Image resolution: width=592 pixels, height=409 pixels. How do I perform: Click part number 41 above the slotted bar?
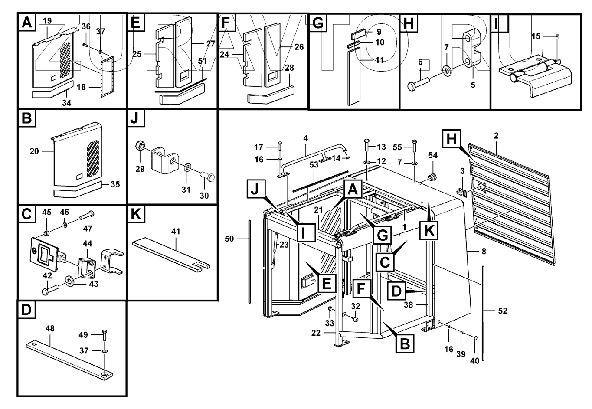176,232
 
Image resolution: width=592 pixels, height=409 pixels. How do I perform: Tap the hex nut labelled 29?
140,146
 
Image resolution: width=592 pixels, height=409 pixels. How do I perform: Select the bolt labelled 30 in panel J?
208,177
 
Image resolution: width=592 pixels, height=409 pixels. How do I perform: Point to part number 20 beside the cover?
35,151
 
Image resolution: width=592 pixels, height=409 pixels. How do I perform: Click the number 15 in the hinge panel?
536,36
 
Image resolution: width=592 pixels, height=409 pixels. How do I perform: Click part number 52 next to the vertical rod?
502,311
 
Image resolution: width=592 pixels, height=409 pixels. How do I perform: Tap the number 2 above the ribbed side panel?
496,136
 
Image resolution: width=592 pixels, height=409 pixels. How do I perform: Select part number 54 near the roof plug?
433,155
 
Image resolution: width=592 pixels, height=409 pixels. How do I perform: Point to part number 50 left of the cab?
230,239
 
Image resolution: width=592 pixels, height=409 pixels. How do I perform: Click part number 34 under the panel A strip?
67,103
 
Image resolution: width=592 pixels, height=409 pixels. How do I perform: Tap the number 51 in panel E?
202,61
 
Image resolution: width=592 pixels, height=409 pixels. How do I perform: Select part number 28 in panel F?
289,68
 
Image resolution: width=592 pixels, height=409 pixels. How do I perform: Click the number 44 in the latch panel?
87,245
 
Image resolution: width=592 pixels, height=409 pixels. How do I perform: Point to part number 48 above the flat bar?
50,328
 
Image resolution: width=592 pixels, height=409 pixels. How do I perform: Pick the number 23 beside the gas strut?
284,244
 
